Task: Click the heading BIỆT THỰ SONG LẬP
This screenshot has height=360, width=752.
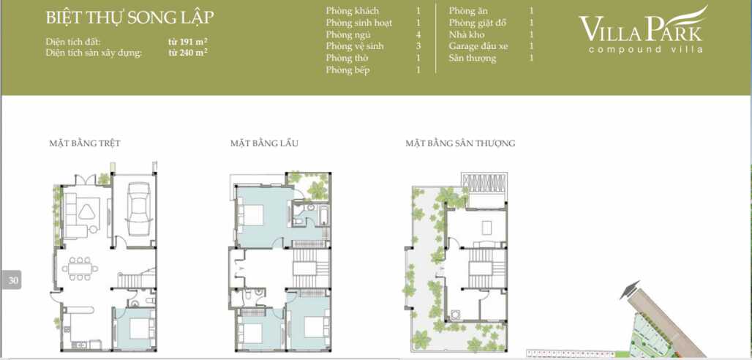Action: [x=129, y=19]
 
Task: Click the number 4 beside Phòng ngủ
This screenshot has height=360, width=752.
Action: [x=418, y=34]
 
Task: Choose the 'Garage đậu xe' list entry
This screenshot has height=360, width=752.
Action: [x=478, y=46]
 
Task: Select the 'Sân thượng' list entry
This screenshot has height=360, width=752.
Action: [x=473, y=58]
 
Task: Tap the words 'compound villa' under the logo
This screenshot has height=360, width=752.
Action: [x=645, y=50]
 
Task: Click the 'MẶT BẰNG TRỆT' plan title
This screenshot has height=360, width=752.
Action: [x=84, y=143]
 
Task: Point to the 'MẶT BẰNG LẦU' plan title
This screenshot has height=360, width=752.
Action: [x=264, y=143]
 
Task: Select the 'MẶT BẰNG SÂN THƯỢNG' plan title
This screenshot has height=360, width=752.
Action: [x=460, y=143]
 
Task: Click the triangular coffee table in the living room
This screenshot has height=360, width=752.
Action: [x=87, y=211]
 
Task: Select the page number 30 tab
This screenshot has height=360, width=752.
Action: [x=11, y=280]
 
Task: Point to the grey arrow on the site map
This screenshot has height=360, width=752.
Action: [x=628, y=290]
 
